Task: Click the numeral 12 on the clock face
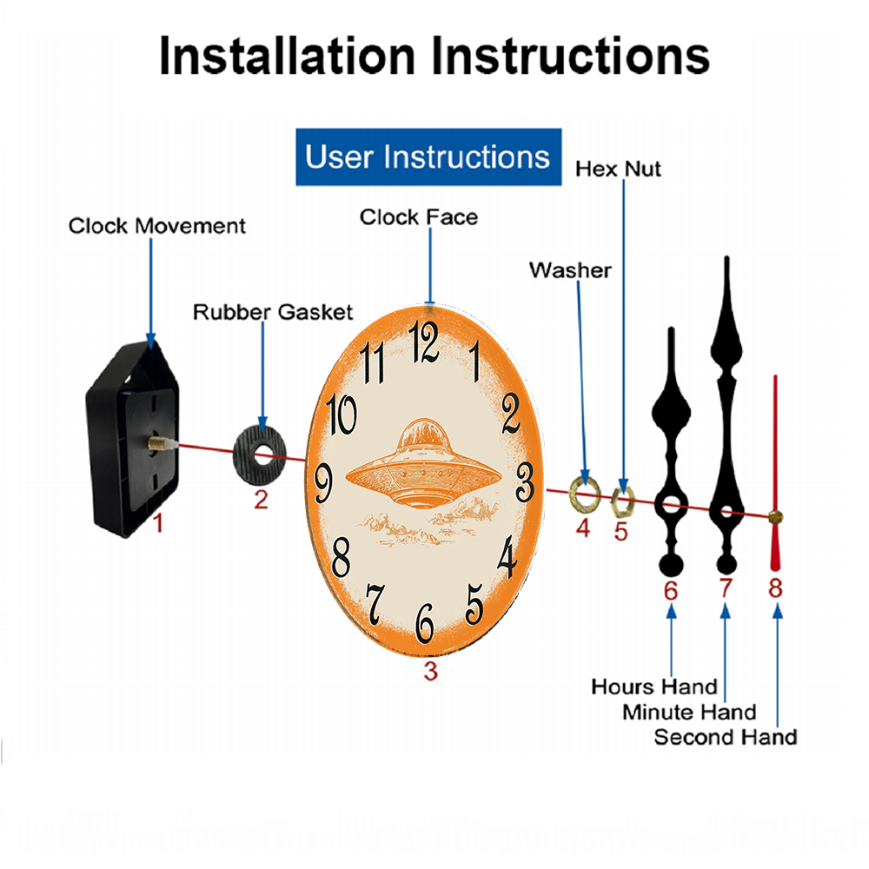pyautogui.click(x=424, y=342)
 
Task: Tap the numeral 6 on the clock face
pyautogui.click(x=425, y=623)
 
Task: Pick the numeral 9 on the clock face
pyautogui.click(x=323, y=483)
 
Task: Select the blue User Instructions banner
pyautogui.click(x=428, y=156)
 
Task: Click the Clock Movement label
pyautogui.click(x=156, y=226)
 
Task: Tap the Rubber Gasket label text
pyautogui.click(x=273, y=312)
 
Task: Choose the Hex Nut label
pyautogui.click(x=618, y=169)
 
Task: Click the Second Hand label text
pyautogui.click(x=726, y=737)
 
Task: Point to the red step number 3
pyautogui.click(x=431, y=671)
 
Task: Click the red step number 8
pyautogui.click(x=775, y=587)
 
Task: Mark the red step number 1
pyautogui.click(x=158, y=522)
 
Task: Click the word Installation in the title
pyautogui.click(x=287, y=56)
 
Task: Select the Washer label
pyautogui.click(x=570, y=270)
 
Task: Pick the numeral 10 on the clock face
pyautogui.click(x=342, y=414)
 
